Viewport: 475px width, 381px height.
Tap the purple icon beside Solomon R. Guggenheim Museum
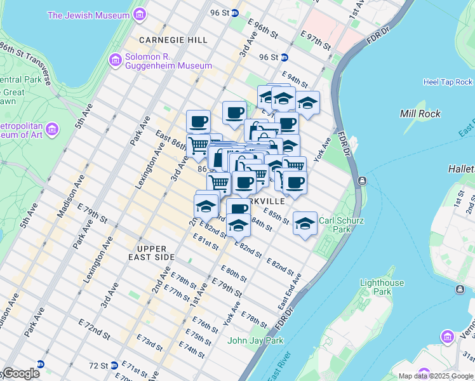tap(115, 60)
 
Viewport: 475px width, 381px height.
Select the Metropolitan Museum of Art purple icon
tap(53, 130)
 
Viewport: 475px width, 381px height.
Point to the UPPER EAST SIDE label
tap(151, 253)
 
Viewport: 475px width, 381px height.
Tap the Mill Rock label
tap(417, 114)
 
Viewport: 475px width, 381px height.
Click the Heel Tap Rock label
tap(448, 82)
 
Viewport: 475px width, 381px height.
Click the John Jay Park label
tap(255, 340)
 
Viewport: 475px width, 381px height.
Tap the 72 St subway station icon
tap(114, 365)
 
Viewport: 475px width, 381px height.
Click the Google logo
tap(20, 373)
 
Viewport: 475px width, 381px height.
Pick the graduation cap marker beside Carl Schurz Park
tap(305, 224)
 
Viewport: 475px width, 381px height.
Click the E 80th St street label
tap(234, 275)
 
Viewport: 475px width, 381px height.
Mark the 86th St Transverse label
tap(25, 62)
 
